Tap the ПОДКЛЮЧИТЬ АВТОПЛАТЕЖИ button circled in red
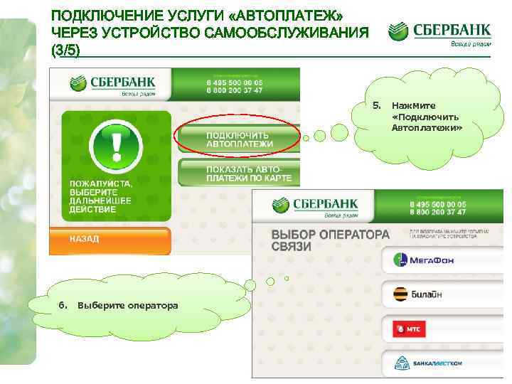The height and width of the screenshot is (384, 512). click(x=238, y=139)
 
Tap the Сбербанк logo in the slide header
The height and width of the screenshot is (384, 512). click(x=439, y=32)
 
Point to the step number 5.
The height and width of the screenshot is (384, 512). click(x=378, y=106)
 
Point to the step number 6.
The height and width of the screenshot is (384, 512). click(x=63, y=305)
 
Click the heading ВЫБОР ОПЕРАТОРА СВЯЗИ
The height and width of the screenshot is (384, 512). click(x=330, y=240)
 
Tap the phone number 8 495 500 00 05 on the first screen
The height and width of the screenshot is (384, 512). click(x=234, y=82)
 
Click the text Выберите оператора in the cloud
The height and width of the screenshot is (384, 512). click(x=128, y=305)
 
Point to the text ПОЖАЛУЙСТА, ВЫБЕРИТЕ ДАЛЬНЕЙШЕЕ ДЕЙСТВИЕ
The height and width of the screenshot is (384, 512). click(x=99, y=196)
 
